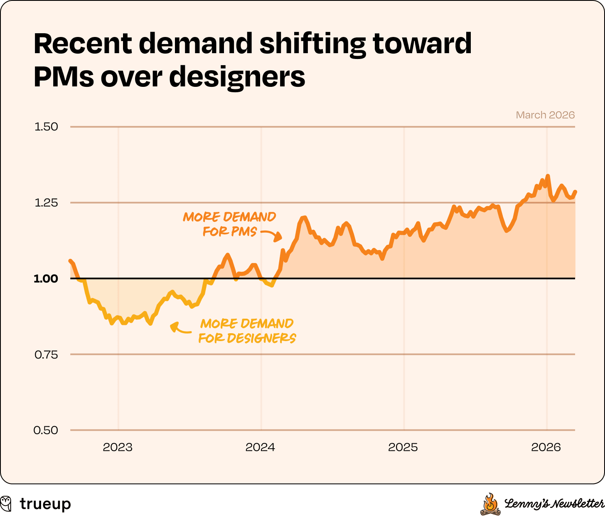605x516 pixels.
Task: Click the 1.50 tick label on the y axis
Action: (46, 127)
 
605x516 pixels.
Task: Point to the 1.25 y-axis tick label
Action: (46, 203)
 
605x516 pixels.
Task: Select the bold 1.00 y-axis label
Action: (46, 278)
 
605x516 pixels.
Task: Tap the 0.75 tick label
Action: (46, 354)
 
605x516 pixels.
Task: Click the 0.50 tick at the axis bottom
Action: (46, 430)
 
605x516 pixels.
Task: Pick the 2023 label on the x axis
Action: (118, 447)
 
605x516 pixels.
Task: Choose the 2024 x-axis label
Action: (261, 447)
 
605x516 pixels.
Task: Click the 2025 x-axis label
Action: (403, 447)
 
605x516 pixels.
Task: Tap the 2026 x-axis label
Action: (546, 447)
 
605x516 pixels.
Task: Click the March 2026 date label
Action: (545, 115)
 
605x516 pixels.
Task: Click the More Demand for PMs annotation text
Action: (229, 224)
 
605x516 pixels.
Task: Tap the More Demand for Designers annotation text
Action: (247, 331)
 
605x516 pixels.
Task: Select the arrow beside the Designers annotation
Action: (179, 328)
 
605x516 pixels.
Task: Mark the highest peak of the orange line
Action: (548, 176)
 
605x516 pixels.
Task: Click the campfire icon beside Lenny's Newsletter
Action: (490, 504)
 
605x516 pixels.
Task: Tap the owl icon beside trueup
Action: (6, 503)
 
